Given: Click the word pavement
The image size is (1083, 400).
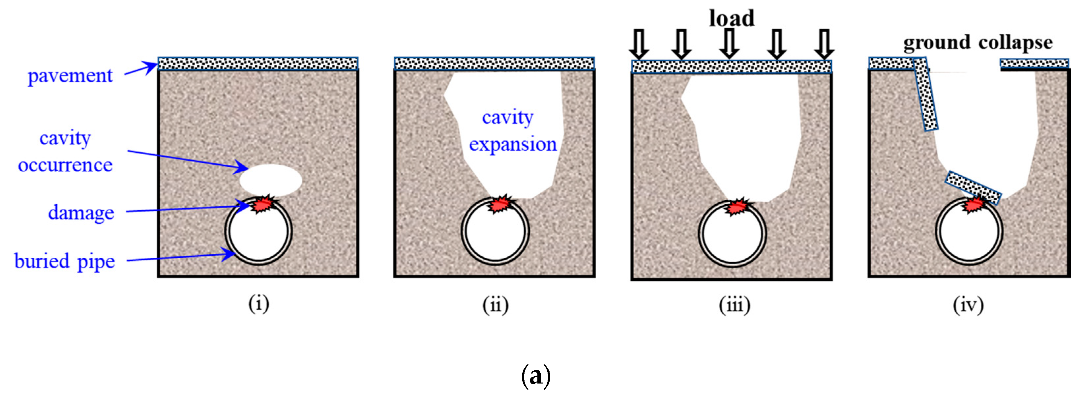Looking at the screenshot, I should click(x=70, y=76).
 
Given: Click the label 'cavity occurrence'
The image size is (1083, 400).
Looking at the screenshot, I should click(x=65, y=151).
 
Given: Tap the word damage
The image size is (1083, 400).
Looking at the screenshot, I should click(x=81, y=213).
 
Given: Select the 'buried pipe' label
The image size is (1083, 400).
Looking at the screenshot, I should click(x=64, y=261).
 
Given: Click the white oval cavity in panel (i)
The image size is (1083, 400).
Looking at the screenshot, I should click(x=271, y=180).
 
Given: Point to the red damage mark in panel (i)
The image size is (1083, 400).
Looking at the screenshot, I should click(x=264, y=204).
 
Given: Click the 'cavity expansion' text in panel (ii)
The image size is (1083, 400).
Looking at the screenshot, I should click(x=512, y=131).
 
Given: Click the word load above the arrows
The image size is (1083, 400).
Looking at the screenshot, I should click(x=732, y=18).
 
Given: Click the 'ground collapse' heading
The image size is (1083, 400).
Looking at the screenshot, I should click(x=978, y=43).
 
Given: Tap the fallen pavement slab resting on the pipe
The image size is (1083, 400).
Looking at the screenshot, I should click(x=973, y=187).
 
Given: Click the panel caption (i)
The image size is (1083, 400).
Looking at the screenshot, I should click(x=258, y=304).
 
